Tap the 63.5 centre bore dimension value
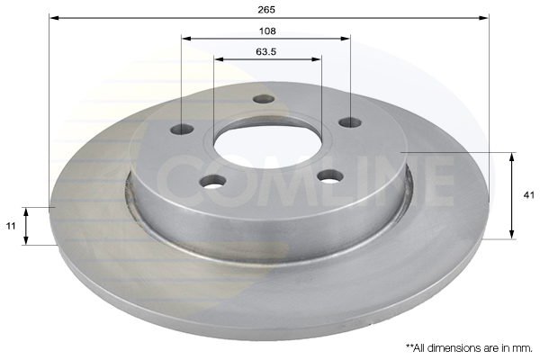[265, 51]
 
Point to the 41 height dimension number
[527, 194]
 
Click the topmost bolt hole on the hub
[263, 98]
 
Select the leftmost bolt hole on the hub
[183, 129]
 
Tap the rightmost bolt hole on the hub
[349, 121]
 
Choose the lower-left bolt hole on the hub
[213, 182]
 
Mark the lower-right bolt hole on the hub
[329, 175]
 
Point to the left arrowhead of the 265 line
[53, 17]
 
